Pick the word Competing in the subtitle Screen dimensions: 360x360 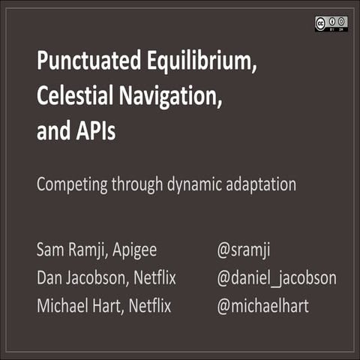point(71,184)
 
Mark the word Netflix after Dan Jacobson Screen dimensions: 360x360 point(155,278)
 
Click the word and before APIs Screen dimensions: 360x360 point(50,130)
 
